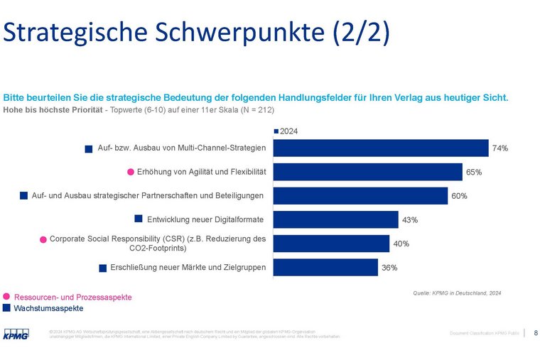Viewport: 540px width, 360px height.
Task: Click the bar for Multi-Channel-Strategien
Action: [x=381, y=148]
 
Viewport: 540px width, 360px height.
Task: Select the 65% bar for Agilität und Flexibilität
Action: [x=367, y=172]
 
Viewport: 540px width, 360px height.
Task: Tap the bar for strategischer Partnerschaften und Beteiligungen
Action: [x=360, y=195]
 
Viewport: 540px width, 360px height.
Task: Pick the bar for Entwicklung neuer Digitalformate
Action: [x=335, y=219]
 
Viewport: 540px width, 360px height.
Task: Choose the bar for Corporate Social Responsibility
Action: [x=331, y=244]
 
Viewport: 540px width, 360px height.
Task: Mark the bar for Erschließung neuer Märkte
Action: [x=325, y=267]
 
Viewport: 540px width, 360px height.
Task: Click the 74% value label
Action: [x=500, y=148]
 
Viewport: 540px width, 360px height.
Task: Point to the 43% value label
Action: [x=410, y=220]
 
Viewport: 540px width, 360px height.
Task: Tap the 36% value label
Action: [x=389, y=268]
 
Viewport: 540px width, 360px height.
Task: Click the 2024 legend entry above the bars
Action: [x=286, y=131]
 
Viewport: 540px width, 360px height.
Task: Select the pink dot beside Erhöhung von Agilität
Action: [x=131, y=172]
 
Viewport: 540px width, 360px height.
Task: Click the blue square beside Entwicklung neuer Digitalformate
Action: [x=139, y=218]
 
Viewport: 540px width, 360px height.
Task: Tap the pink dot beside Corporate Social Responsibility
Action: [x=43, y=239]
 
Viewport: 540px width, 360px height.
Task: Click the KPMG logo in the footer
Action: [x=16, y=333]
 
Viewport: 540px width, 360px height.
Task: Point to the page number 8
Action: [x=535, y=332]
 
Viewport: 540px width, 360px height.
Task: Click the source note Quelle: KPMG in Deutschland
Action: [x=457, y=293]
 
